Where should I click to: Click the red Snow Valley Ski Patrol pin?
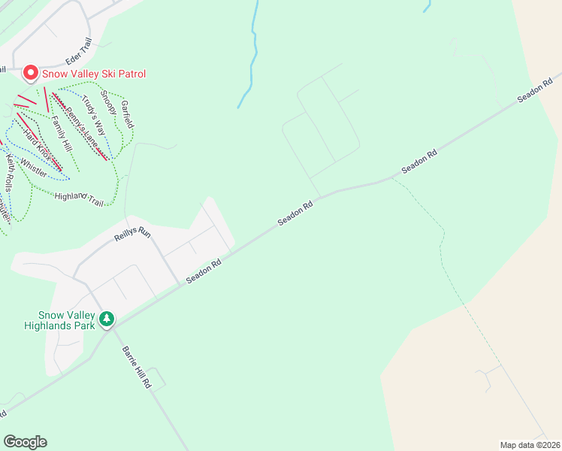pos(31,73)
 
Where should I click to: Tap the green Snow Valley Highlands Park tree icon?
pos(107,319)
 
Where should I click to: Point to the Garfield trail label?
pos(126,113)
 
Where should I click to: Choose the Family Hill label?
pos(62,131)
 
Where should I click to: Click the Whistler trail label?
pos(34,168)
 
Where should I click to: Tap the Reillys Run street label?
pos(132,235)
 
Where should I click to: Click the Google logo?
pos(25,442)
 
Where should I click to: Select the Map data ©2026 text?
pos(530,444)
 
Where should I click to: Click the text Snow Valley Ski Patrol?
pos(94,74)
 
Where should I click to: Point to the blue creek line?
pos(254,53)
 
